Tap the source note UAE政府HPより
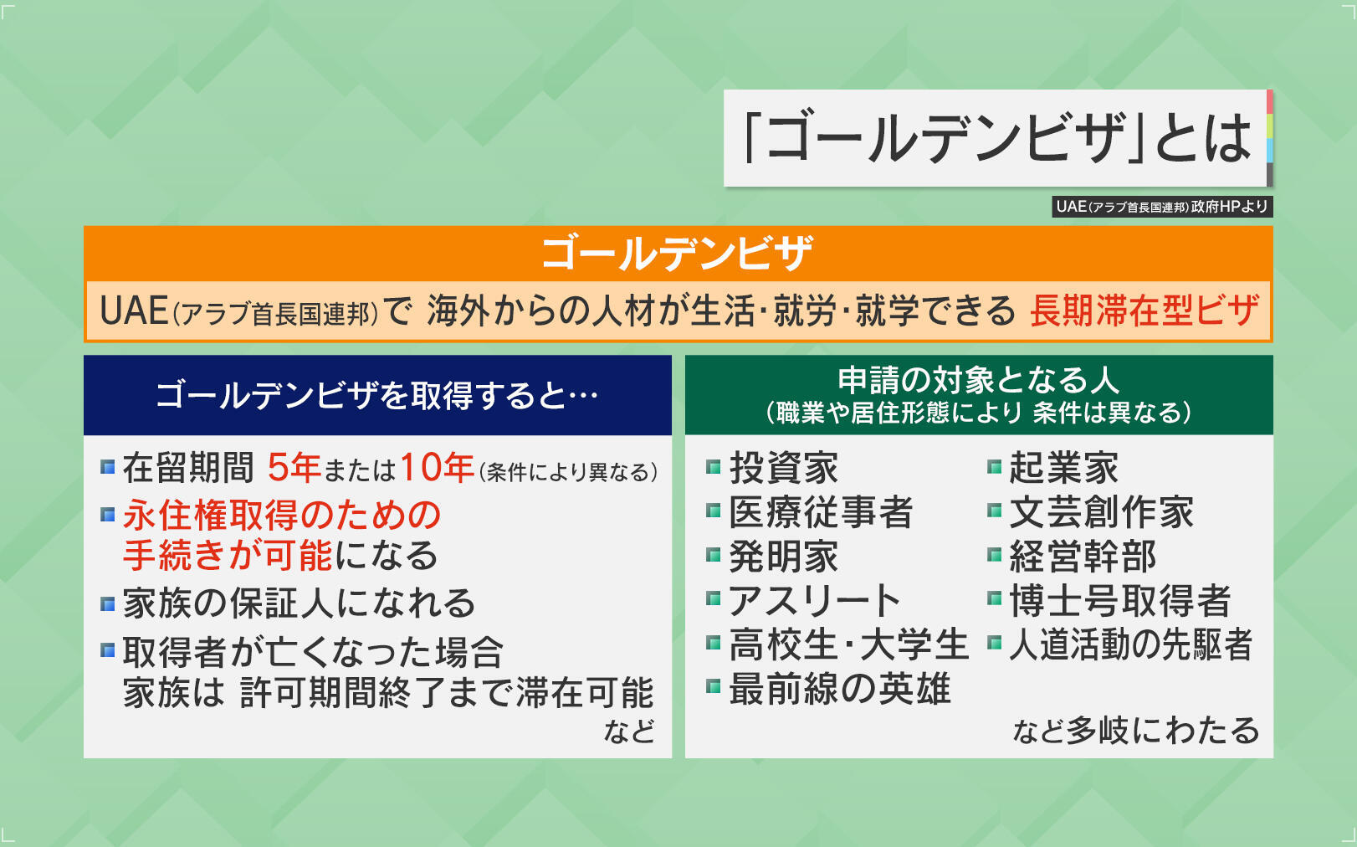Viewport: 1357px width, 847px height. (x=1162, y=207)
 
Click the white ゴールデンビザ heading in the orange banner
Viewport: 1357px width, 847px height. (x=678, y=254)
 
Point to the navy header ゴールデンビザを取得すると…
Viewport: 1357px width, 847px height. (x=376, y=396)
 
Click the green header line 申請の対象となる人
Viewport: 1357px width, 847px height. (x=978, y=380)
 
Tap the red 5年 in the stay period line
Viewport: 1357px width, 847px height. (x=294, y=467)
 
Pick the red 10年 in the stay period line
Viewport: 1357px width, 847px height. (x=437, y=467)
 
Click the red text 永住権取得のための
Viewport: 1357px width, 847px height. (x=282, y=515)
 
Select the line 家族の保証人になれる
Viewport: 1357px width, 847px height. (x=300, y=603)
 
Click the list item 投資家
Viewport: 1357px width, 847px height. (x=784, y=468)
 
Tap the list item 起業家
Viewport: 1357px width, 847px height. (x=1064, y=468)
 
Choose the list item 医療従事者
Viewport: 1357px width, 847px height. (x=821, y=512)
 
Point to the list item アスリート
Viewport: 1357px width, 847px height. (x=815, y=600)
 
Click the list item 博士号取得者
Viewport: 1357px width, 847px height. (x=1120, y=600)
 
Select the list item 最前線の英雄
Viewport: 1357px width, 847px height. (x=840, y=689)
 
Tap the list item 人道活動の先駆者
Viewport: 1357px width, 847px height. (x=1130, y=644)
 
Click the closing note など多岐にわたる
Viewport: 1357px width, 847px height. (x=1136, y=730)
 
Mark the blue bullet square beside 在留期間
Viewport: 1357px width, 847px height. (x=108, y=467)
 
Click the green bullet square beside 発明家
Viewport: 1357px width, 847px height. (x=714, y=555)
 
